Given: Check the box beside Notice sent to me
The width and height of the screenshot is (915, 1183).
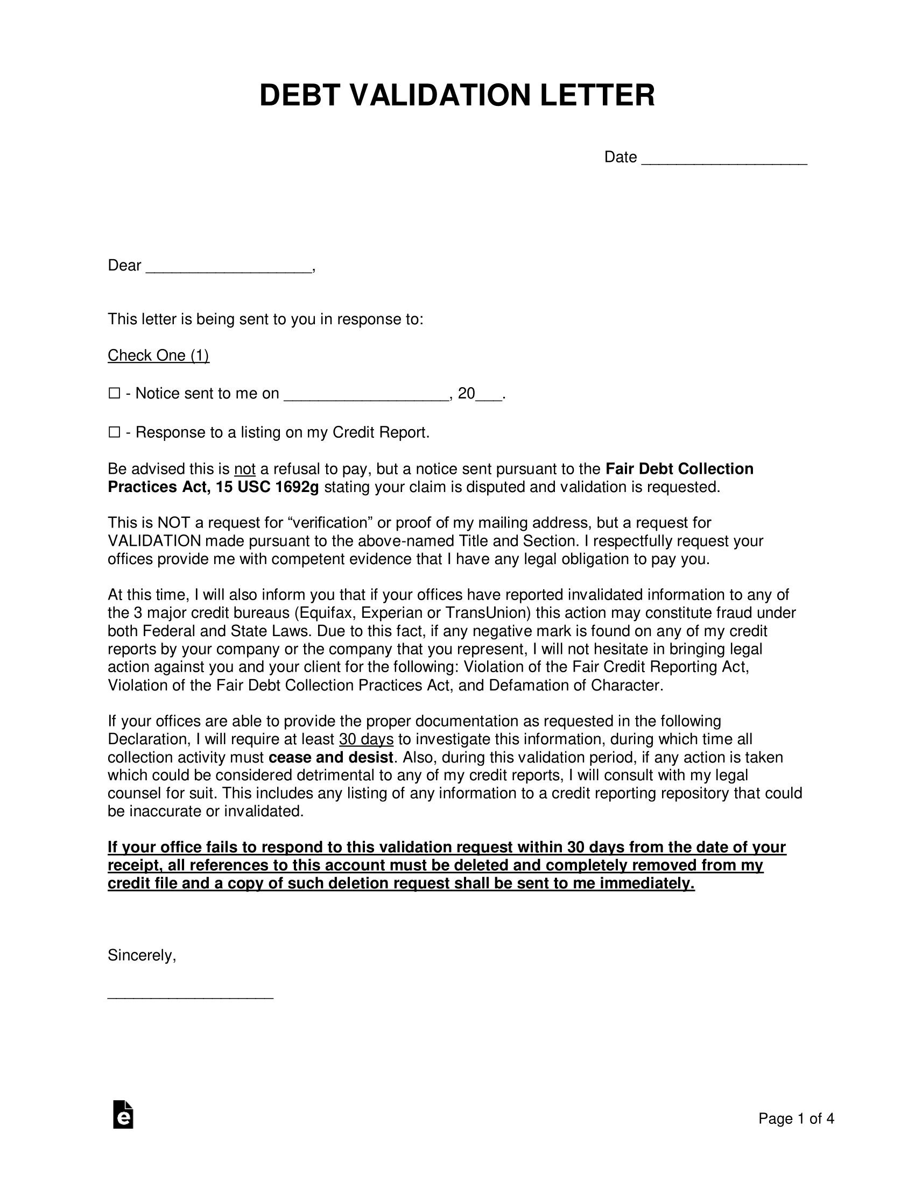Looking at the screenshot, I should click(114, 393).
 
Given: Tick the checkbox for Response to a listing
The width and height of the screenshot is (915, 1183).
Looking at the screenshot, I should click(114, 432).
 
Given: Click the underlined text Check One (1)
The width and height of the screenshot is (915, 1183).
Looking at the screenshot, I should click(158, 355).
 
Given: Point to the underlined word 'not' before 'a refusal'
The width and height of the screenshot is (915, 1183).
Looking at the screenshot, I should click(244, 469).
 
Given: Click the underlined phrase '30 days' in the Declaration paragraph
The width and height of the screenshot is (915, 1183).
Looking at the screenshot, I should click(366, 739).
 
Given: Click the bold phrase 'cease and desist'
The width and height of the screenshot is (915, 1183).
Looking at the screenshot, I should click(330, 757).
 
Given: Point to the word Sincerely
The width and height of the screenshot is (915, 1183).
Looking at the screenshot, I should click(142, 956).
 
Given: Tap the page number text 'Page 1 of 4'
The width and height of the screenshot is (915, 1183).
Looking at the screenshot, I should click(796, 1118).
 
